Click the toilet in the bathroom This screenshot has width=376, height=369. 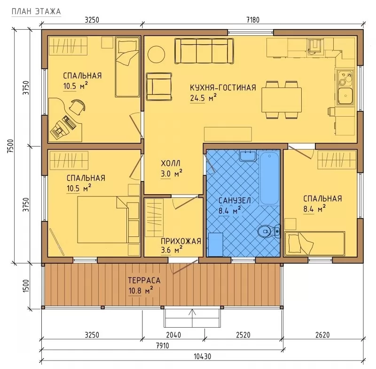[268, 231]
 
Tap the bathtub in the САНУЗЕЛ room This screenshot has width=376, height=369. [269, 177]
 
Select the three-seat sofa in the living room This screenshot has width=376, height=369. [204, 51]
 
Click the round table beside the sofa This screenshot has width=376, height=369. [156, 55]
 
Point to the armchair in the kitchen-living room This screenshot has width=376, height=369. [159, 86]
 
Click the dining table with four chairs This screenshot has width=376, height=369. [282, 100]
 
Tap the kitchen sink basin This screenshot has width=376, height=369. [345, 96]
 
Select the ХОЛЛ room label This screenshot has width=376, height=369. [171, 164]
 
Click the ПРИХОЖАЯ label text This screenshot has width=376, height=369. [181, 241]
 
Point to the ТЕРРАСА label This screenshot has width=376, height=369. [144, 280]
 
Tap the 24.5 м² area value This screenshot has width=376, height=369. [204, 98]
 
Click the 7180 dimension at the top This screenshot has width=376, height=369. [253, 20]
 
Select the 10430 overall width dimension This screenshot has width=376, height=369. [203, 356]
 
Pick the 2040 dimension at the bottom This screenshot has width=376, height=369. [173, 335]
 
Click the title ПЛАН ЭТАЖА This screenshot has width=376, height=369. [36, 11]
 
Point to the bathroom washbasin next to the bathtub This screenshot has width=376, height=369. [248, 156]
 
